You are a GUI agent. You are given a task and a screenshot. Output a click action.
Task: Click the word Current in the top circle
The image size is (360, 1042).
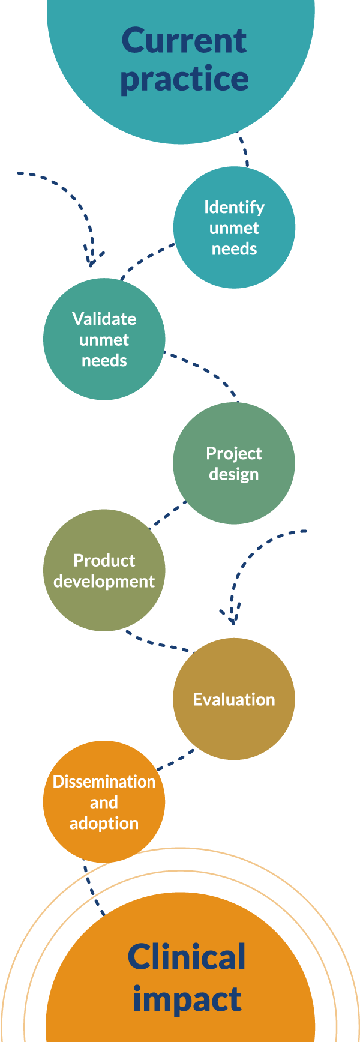184,41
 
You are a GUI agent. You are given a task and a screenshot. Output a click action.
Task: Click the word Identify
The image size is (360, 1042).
234,207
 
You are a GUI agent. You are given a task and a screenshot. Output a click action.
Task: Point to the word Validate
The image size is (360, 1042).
104,319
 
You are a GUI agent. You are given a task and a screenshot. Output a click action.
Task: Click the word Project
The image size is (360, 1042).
234,453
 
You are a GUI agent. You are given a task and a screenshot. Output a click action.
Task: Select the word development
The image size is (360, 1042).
104,581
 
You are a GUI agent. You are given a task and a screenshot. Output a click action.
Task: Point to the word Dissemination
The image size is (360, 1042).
104,781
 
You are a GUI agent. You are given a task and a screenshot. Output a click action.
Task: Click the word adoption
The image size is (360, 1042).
104,823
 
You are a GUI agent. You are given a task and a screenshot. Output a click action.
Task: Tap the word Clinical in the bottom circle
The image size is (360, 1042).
187,957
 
